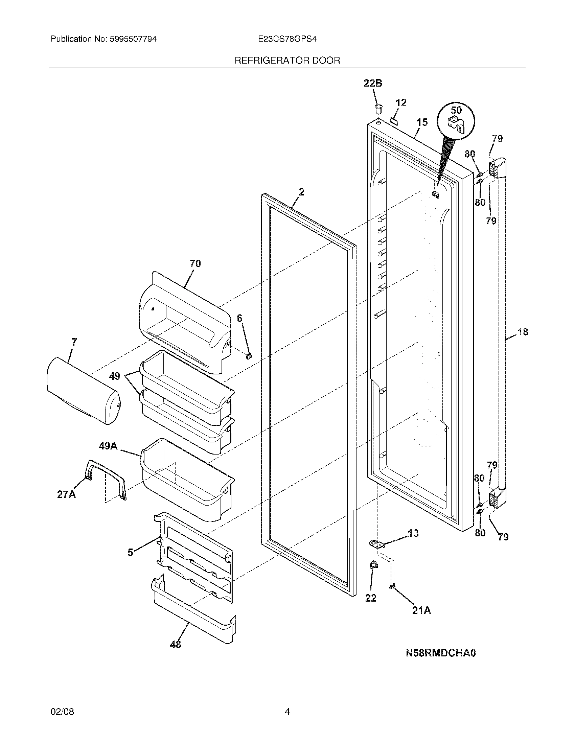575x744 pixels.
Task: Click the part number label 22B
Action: [373, 83]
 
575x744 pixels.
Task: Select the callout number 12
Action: [401, 102]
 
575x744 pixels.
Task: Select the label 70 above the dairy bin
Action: [195, 263]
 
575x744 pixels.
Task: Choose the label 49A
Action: [108, 446]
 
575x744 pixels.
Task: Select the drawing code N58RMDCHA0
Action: [440, 653]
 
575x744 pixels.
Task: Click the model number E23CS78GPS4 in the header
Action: [287, 39]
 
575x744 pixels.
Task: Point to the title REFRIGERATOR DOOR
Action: [287, 61]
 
